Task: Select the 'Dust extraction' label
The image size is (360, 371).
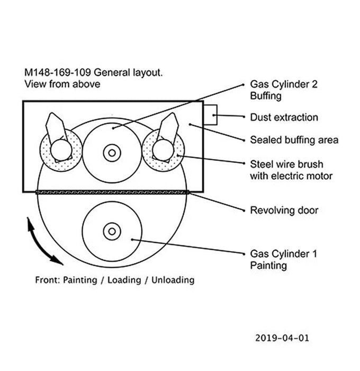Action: [284, 118]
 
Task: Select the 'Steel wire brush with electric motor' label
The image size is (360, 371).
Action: [286, 170]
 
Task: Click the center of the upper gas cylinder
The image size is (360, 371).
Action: [112, 153]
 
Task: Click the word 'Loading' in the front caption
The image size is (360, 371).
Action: [123, 279]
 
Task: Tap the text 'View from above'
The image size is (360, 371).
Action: [62, 84]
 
